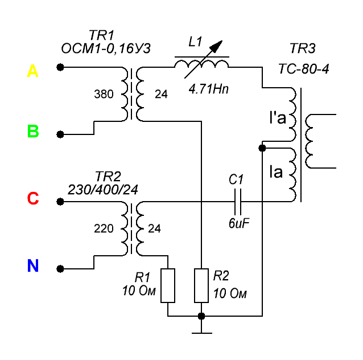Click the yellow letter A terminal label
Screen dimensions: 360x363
pos(33,71)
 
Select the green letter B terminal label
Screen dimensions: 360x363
pos(33,132)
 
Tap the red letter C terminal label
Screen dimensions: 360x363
pos(33,198)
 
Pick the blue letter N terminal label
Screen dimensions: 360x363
pos(33,265)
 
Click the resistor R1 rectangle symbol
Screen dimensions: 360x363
pos(168,286)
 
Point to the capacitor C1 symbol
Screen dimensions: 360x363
pos(237,201)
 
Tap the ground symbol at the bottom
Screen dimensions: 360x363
pos(201,330)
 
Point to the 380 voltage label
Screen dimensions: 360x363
pos(104,95)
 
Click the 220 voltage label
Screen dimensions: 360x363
pos(104,228)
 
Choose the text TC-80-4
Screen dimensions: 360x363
pos(304,69)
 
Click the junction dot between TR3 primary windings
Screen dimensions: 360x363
pos(262,148)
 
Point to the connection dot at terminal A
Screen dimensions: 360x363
pos(60,67)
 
